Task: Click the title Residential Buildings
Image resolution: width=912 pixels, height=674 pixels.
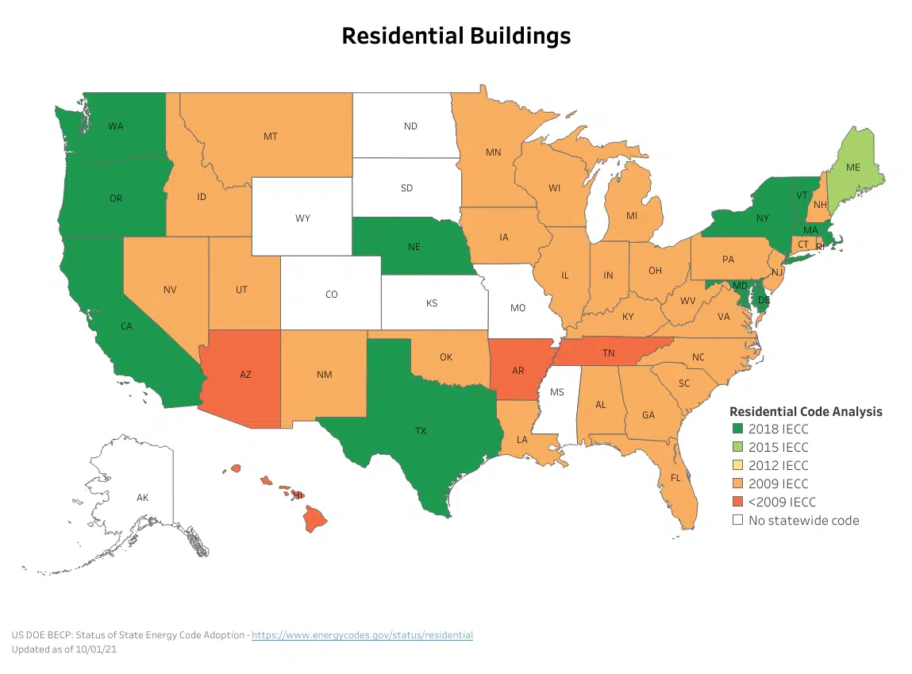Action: (456, 36)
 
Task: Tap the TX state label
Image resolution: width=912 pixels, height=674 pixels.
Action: (421, 431)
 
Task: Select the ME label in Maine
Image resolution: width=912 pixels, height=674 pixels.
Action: (853, 168)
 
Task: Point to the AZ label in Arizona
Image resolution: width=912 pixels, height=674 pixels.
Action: (245, 375)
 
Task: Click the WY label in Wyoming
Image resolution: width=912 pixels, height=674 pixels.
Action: (302, 218)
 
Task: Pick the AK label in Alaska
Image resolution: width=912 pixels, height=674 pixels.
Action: (142, 498)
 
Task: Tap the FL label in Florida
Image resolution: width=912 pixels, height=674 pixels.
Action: (675, 478)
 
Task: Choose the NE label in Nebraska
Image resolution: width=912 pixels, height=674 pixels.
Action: (414, 247)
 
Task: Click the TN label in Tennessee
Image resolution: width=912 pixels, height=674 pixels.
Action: (608, 352)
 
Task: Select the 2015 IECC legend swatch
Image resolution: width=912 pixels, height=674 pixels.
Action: (738, 447)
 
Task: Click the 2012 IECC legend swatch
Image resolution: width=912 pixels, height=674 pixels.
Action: (738, 465)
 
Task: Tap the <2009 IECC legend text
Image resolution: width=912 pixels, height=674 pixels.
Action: (782, 502)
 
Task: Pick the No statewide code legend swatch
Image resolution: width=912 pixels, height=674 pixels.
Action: (738, 520)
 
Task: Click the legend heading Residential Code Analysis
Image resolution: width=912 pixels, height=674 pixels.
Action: (806, 411)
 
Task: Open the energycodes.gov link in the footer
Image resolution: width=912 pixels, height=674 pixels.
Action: (362, 635)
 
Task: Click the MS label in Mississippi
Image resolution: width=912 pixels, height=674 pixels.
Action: (557, 393)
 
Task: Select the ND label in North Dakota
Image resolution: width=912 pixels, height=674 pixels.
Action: (410, 126)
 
